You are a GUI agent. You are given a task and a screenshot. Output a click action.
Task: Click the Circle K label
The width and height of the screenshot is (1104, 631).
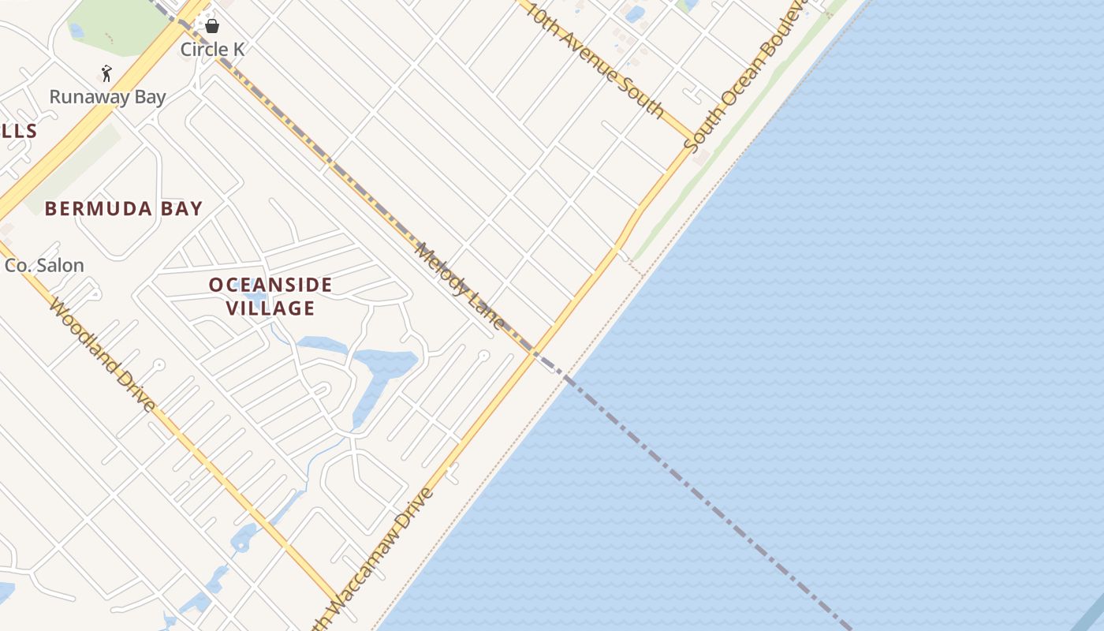coord(212,50)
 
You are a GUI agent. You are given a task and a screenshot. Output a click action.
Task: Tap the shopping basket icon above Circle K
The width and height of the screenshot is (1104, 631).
coord(212,26)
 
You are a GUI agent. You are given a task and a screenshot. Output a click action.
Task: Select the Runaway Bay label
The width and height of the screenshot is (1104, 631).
coord(107,97)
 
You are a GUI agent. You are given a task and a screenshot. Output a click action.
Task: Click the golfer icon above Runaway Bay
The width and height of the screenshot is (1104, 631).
coord(106,73)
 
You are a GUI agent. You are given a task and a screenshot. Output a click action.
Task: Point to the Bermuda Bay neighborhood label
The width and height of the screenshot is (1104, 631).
coord(124,209)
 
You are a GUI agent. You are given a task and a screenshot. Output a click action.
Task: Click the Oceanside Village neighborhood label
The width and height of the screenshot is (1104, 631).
coord(270,297)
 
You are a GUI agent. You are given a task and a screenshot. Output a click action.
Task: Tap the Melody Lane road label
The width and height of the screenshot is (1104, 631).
coord(460,286)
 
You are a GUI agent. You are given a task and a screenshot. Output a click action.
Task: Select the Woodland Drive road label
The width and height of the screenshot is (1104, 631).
coord(101,354)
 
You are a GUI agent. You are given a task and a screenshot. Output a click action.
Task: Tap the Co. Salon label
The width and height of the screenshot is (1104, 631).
coord(44,266)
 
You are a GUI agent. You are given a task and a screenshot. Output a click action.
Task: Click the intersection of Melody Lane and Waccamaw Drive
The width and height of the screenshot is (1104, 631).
coord(534,352)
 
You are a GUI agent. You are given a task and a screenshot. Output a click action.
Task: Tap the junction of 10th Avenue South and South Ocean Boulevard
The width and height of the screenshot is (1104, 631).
coord(693,139)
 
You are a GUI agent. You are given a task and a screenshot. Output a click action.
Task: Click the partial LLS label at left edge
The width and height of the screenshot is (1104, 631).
coord(18,131)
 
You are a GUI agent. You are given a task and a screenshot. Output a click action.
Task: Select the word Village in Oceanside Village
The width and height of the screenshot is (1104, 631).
coord(270,308)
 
